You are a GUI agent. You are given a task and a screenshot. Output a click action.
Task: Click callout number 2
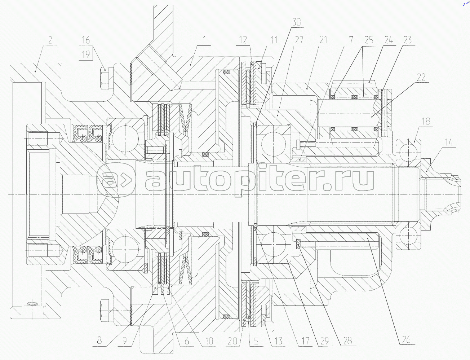point(50,40)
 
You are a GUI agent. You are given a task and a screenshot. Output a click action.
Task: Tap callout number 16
point(86,40)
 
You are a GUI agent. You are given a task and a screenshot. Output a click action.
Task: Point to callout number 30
point(296,22)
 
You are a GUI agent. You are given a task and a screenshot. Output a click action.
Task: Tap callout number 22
point(421,77)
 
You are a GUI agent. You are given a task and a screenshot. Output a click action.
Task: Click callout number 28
point(346,340)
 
